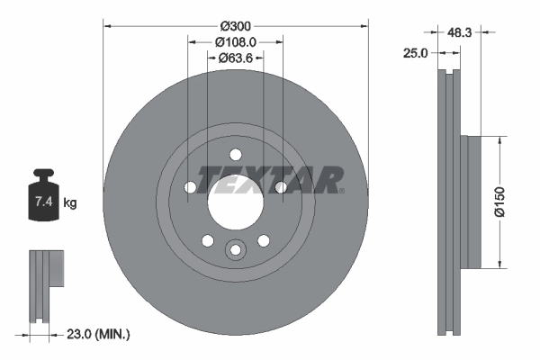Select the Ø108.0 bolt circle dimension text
237,41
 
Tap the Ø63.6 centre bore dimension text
237,58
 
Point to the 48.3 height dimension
461,31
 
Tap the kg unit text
70,203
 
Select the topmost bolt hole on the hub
236,154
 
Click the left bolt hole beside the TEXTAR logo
191,187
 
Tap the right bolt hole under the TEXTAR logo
281,186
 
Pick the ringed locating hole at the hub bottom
236,249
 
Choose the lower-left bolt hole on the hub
208,240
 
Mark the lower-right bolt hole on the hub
264,240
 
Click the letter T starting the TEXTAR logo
208,175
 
